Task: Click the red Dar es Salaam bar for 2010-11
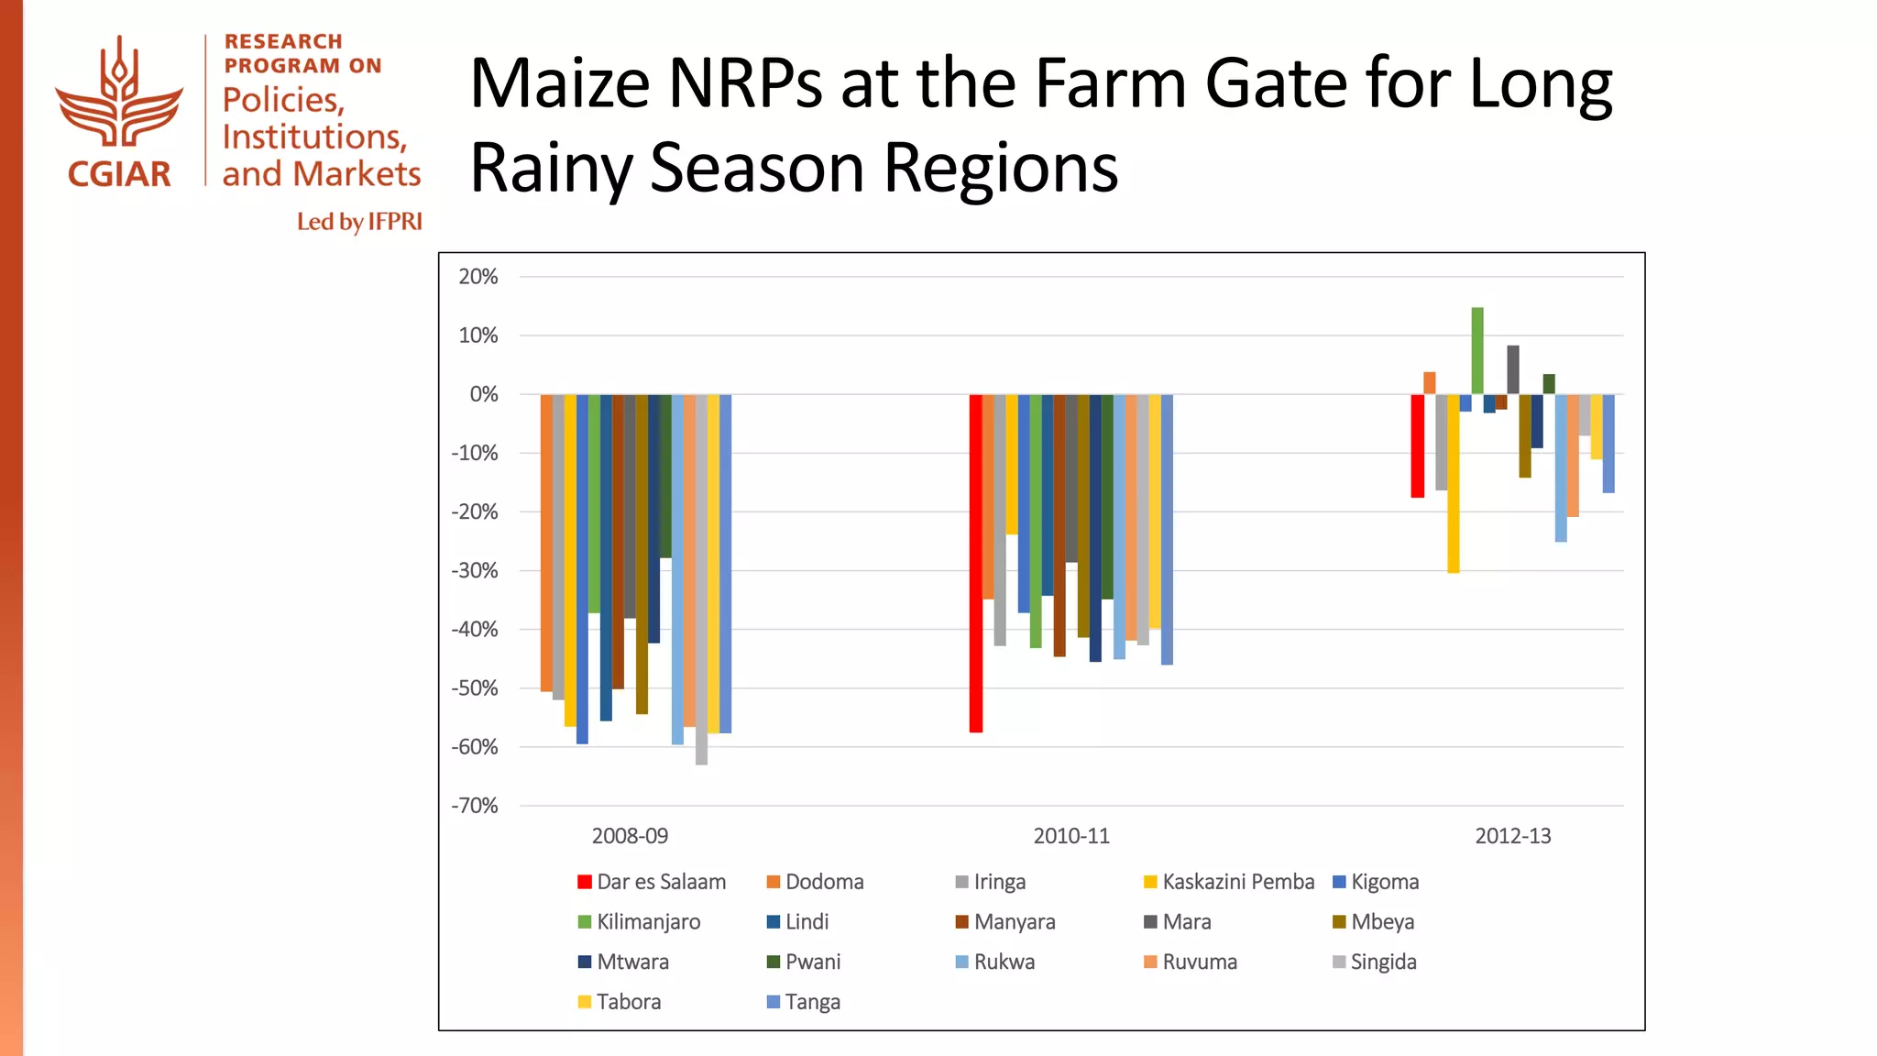tap(975, 563)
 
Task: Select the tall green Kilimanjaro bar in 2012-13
tap(1477, 350)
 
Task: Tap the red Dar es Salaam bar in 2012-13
tap(1417, 445)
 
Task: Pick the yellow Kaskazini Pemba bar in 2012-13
tap(1454, 483)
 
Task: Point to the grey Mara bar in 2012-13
tap(1513, 369)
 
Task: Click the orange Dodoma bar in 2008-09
tap(546, 543)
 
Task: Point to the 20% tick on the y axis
tap(478, 277)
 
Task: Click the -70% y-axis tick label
tap(475, 806)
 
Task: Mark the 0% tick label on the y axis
tap(484, 394)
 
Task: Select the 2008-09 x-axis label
tap(630, 836)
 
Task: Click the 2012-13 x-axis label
tap(1512, 836)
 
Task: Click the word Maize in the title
tap(560, 84)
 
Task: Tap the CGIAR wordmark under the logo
tap(119, 174)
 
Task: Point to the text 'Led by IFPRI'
tap(359, 222)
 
